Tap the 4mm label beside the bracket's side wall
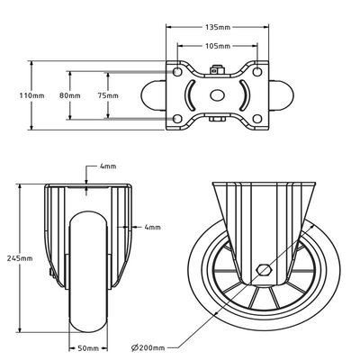click(152, 228)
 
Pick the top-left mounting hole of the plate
click(178, 71)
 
